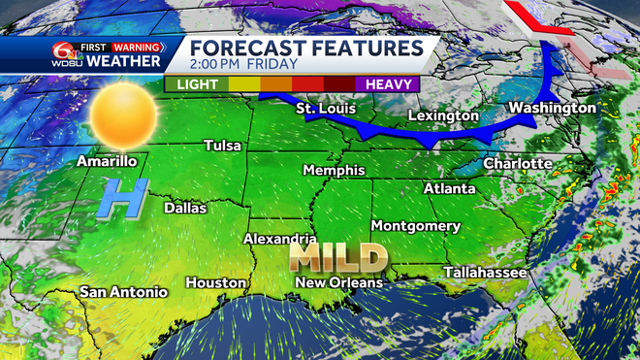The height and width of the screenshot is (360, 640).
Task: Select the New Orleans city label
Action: [x=339, y=282]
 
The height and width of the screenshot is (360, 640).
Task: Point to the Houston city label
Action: [x=216, y=282]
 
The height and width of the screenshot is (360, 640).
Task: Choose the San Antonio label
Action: [x=123, y=291]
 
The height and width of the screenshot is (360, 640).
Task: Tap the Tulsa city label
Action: [x=223, y=146]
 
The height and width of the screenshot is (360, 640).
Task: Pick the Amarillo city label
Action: [x=106, y=161]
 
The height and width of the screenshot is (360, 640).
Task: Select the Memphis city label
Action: [x=334, y=170]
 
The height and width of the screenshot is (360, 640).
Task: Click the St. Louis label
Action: [x=325, y=108]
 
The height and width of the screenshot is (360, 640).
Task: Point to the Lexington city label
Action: [x=439, y=115]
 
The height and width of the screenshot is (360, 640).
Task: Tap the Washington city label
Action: [x=552, y=107]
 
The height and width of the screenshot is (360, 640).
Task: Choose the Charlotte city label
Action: [x=518, y=163]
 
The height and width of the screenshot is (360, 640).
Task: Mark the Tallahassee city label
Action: [x=486, y=273]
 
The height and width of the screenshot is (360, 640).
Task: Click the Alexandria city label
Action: [x=279, y=238]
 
